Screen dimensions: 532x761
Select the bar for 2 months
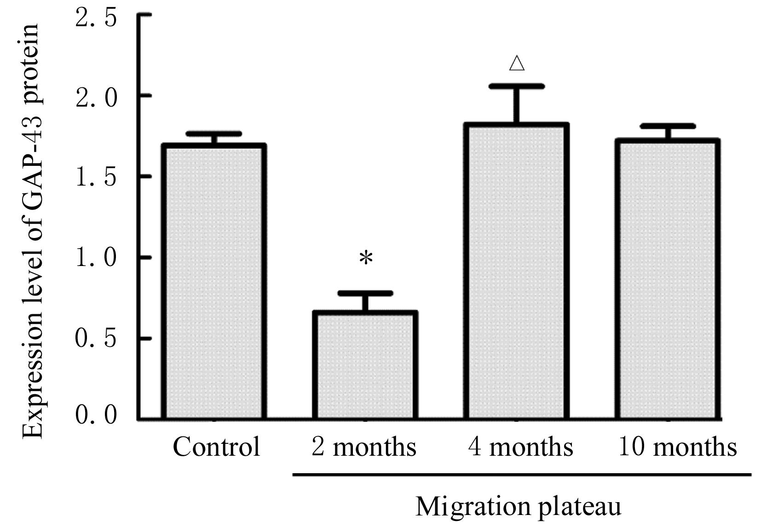coord(365,365)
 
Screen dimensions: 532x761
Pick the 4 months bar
coord(516,271)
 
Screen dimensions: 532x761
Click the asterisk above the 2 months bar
coord(366,259)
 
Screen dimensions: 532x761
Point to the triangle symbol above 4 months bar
coord(517,63)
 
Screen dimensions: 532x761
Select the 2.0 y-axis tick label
coord(96,97)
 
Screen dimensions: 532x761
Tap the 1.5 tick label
coord(96,178)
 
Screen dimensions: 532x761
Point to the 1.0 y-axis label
coord(96,258)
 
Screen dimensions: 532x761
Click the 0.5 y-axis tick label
coord(96,340)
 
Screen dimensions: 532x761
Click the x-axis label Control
coord(216,447)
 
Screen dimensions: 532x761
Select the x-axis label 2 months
coord(363,447)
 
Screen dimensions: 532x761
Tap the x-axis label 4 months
coord(520,447)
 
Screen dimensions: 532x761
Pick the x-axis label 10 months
coord(677,447)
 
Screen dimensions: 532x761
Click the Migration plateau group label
coord(518,507)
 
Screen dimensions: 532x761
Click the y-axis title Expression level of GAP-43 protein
coord(33,230)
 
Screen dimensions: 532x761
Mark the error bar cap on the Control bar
coord(214,134)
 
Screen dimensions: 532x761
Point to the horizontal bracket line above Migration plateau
coord(522,475)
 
